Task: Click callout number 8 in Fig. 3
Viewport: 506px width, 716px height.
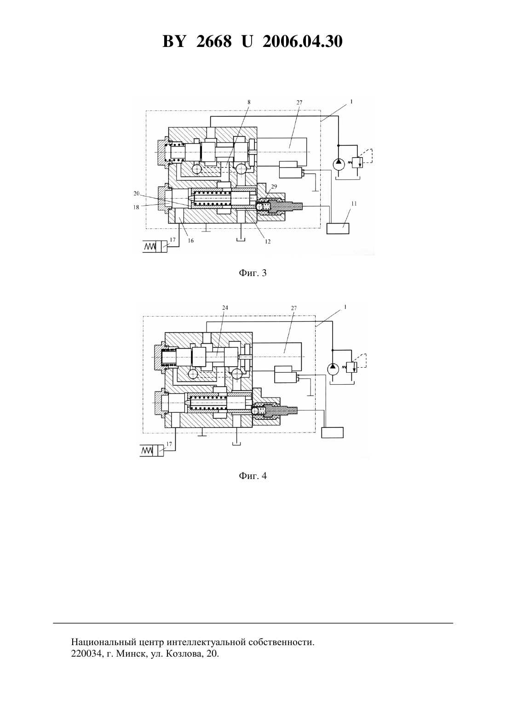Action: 249,102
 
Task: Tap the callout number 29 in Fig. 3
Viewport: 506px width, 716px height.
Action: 274,187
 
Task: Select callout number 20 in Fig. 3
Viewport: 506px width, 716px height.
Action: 137,193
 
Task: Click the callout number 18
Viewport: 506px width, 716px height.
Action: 137,207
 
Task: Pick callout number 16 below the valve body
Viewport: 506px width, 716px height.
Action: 191,240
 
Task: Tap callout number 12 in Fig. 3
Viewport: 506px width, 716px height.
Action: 268,241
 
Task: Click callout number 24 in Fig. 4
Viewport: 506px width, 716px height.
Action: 225,307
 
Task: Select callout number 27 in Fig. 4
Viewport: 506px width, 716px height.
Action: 294,308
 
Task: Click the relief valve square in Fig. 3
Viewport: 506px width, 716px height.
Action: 357,163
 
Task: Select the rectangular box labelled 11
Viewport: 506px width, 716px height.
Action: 338,228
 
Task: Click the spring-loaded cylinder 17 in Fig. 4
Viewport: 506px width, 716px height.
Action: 152,450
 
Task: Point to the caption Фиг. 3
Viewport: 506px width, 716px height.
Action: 253,273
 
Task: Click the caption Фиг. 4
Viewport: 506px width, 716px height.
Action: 253,476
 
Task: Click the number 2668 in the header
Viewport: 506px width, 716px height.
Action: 214,41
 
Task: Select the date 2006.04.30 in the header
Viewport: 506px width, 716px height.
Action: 303,41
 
